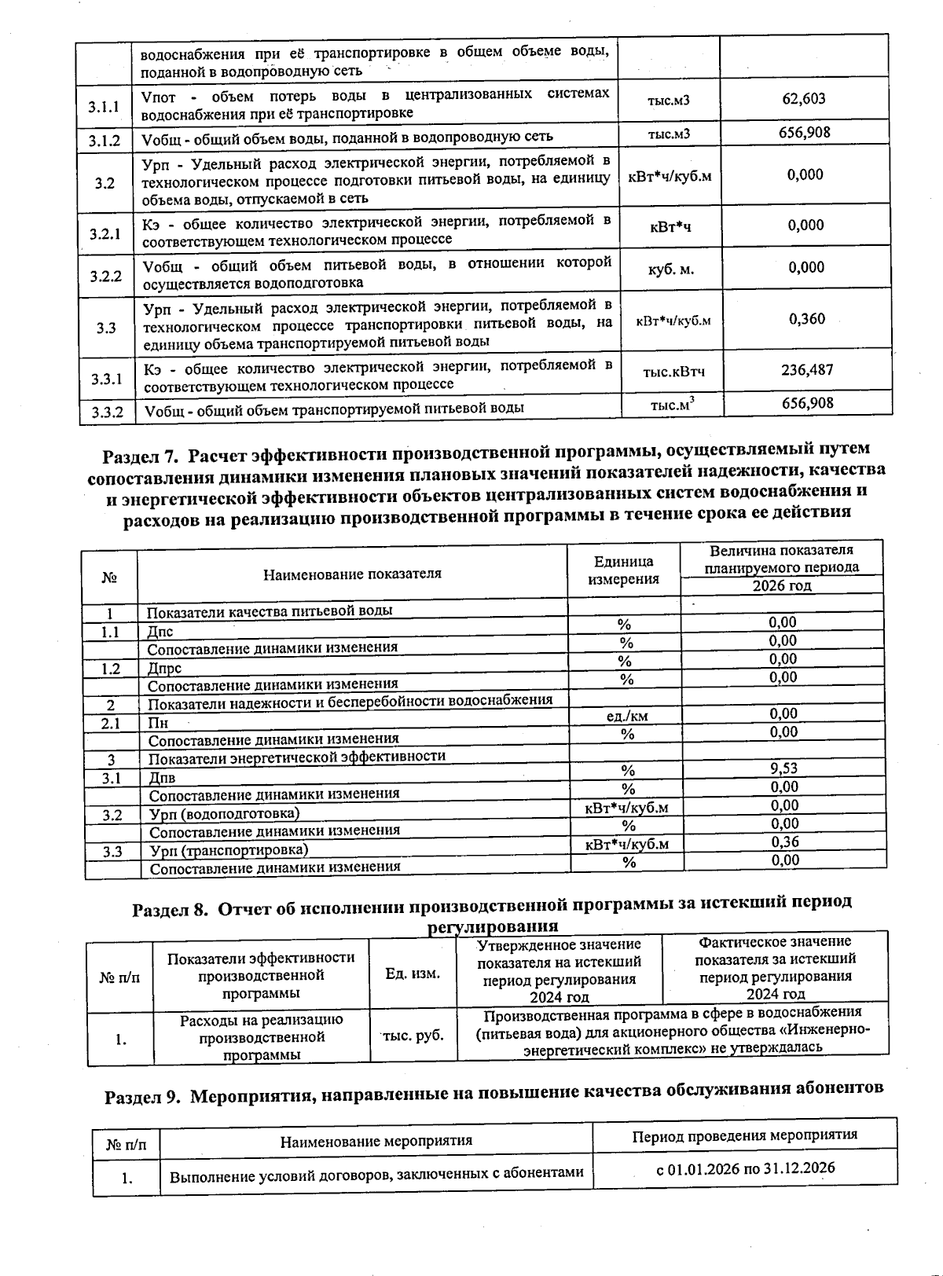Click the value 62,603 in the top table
click(803, 99)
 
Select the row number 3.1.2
click(105, 141)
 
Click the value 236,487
click(806, 369)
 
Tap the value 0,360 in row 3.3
click(806, 318)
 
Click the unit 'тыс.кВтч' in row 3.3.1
click(673, 372)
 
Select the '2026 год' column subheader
click(781, 585)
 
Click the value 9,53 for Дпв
click(783, 768)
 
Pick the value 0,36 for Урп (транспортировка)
click(784, 841)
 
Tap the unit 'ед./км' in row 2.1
click(627, 716)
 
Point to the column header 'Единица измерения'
click(624, 570)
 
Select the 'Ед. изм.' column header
click(413, 973)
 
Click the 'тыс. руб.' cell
click(413, 1036)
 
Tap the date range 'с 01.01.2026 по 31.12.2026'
click(745, 1168)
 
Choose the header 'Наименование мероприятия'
click(376, 1141)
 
